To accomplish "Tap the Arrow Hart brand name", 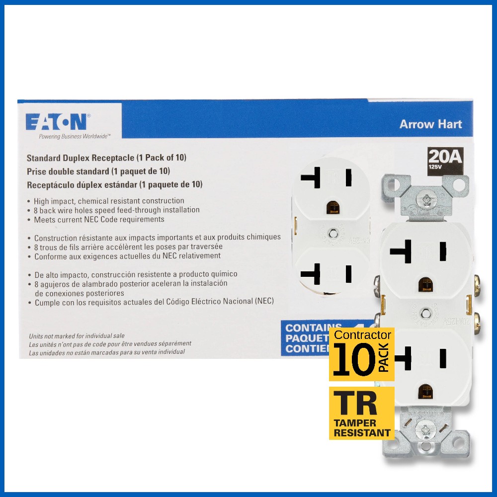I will click(x=430, y=124).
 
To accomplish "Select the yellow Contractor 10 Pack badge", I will click(x=361, y=354).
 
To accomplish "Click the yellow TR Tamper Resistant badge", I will click(x=361, y=413).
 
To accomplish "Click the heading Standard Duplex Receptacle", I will click(x=106, y=158).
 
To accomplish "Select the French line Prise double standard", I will click(x=98, y=171).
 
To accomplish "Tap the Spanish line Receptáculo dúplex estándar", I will click(x=114, y=184).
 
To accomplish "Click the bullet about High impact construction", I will click(x=109, y=201).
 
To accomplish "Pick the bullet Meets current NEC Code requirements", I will click(x=99, y=219).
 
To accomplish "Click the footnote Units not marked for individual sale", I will click(x=77, y=336).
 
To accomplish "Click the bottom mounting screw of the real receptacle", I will click(x=425, y=429).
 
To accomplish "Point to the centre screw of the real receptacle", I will click(x=425, y=313).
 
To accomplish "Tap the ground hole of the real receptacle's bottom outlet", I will click(x=425, y=390).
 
